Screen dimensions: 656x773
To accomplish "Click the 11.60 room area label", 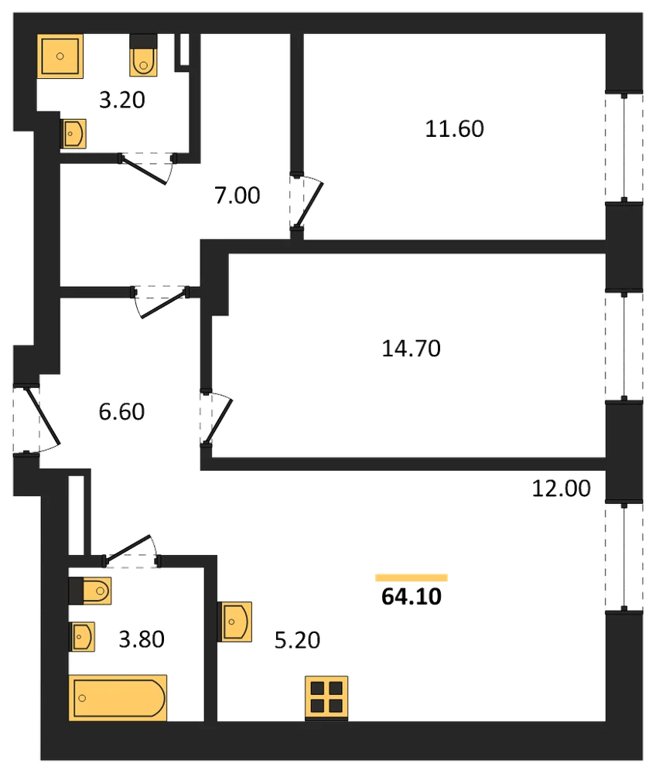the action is [x=454, y=128].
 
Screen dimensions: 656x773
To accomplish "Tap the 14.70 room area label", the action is [x=411, y=349].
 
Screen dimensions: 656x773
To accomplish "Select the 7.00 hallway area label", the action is [x=237, y=196].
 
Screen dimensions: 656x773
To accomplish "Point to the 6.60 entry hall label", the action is [x=121, y=412].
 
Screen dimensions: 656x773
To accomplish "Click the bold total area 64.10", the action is [x=412, y=597].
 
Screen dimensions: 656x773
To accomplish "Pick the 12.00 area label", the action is [x=561, y=489].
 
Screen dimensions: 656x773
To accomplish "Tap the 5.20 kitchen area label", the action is [x=297, y=640].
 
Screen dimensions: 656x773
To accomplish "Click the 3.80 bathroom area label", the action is [x=141, y=639].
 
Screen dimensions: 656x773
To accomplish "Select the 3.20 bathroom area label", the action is [x=121, y=100].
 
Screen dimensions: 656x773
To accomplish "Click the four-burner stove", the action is [x=326, y=699].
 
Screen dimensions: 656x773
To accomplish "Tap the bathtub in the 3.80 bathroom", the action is [x=118, y=698].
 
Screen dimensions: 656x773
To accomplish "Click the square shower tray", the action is [x=60, y=56].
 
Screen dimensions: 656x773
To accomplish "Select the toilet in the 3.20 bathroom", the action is [x=144, y=55].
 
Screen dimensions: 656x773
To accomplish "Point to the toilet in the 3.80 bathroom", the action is [x=90, y=591].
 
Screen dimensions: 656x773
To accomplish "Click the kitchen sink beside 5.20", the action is [x=234, y=621].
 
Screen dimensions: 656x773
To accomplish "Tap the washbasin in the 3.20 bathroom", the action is [x=73, y=134].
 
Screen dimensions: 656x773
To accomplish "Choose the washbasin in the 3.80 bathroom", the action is [x=81, y=637].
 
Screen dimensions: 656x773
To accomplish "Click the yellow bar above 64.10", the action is [x=412, y=577].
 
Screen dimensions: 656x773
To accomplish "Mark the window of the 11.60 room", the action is [x=624, y=148].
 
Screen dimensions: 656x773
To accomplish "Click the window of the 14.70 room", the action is [x=624, y=346].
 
